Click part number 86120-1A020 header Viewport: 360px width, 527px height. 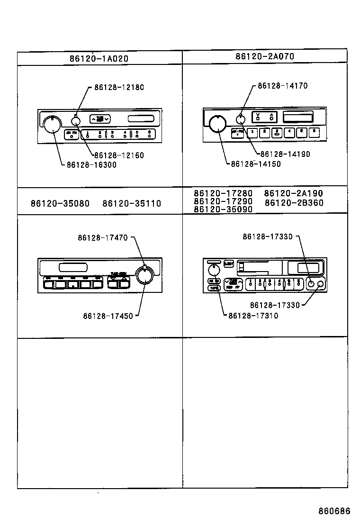click(99, 59)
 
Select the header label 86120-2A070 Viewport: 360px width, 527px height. click(265, 56)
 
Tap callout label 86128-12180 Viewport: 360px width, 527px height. click(119, 87)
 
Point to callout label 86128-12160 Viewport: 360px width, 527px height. click(119, 155)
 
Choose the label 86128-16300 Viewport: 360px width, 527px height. click(91, 164)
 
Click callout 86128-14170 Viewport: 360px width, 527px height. click(283, 86)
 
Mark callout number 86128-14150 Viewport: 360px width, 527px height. click(256, 164)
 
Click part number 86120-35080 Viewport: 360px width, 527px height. click(60, 204)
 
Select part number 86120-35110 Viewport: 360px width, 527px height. click(132, 204)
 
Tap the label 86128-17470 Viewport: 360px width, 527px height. click(103, 238)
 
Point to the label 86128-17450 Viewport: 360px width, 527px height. click(108, 316)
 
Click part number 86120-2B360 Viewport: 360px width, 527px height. click(294, 203)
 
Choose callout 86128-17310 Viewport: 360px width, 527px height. click(253, 316)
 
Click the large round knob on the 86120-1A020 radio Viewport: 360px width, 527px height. click(51, 124)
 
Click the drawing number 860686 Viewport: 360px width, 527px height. click(334, 511)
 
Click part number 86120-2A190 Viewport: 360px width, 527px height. click(293, 193)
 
